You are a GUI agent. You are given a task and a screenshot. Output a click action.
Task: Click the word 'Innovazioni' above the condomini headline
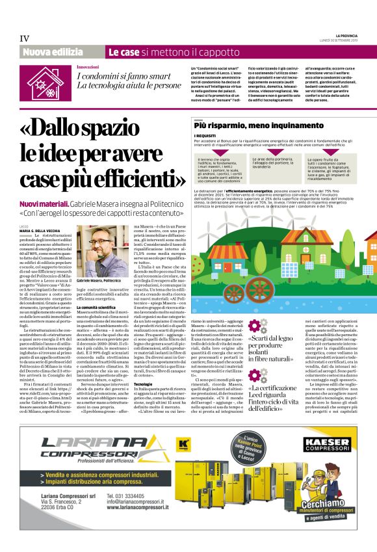pos(88,67)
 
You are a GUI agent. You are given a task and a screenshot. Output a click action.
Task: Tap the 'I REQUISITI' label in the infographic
pos(205,135)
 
